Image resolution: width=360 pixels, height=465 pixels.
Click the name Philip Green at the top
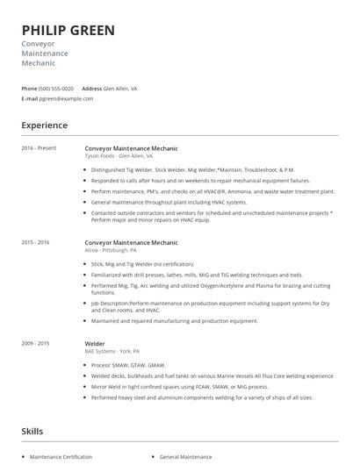coord(68,30)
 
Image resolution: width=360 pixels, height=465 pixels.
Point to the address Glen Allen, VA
coord(120,89)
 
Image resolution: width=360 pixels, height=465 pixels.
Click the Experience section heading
coord(44,125)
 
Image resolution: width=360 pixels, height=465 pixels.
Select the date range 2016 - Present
coord(39,147)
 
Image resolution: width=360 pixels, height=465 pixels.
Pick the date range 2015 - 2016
coord(35,242)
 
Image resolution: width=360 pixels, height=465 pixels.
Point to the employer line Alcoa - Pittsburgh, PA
coord(117,250)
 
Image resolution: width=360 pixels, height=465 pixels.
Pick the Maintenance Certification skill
coord(61,457)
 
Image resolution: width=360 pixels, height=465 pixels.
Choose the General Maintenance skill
coord(186,457)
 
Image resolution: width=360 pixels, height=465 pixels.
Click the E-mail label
coord(30,98)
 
